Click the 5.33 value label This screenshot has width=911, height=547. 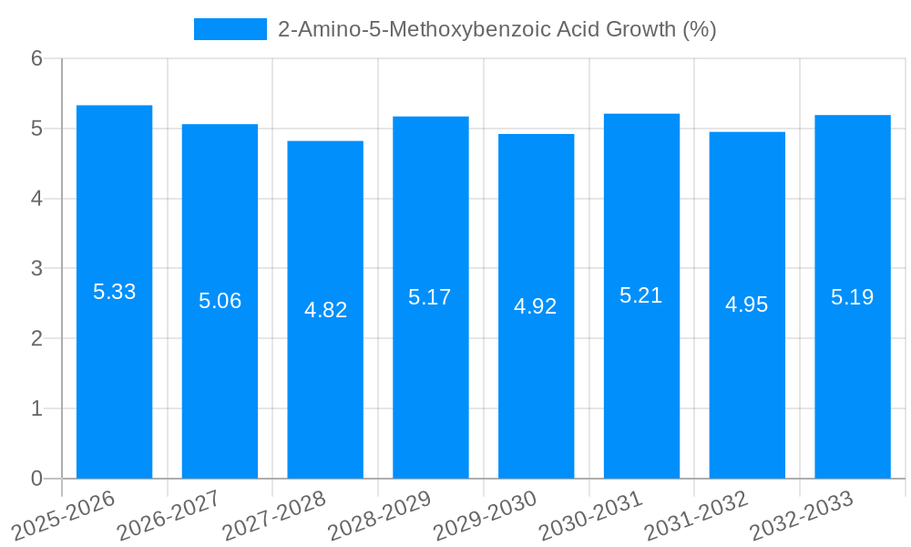[114, 293]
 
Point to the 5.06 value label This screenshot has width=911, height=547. [220, 301]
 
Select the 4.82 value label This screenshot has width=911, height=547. [325, 310]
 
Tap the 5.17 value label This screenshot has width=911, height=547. [430, 297]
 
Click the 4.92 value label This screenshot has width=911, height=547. [536, 306]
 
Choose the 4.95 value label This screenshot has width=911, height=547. [747, 304]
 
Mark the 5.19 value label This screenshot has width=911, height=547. [852, 297]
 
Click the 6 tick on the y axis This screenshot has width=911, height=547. [36, 58]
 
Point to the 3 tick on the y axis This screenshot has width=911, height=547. [36, 269]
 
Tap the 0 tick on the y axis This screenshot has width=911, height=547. [36, 479]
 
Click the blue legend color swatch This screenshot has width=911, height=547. [230, 29]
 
